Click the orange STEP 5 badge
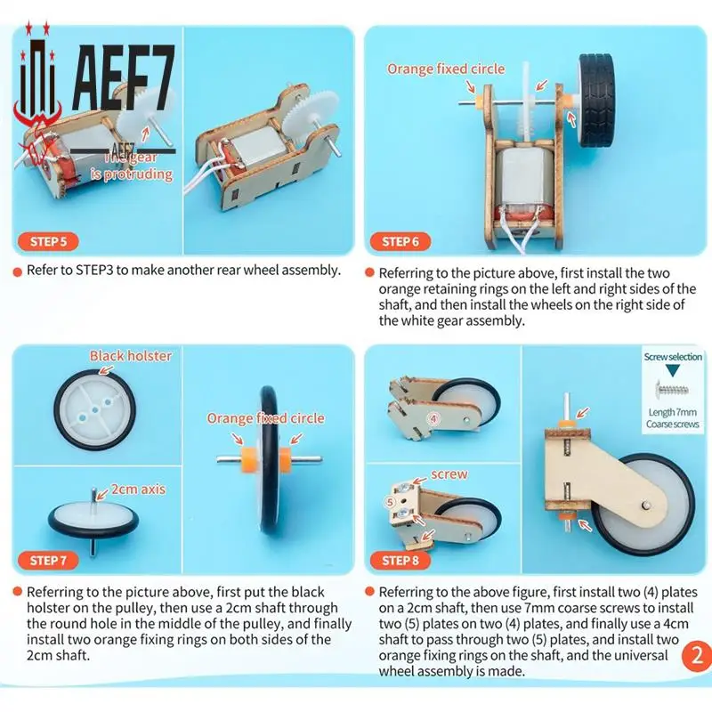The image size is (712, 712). (x=49, y=241)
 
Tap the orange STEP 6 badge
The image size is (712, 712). (x=401, y=241)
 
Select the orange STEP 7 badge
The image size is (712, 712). (x=49, y=560)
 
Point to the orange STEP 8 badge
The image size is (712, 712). (x=401, y=560)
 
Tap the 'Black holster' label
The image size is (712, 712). (x=131, y=356)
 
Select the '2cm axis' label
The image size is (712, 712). (x=137, y=489)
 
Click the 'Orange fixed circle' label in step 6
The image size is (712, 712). (x=445, y=69)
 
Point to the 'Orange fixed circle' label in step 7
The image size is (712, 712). (x=266, y=418)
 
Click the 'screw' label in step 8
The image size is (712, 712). (x=449, y=474)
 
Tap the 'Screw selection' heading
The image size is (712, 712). (x=673, y=357)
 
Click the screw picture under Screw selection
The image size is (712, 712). (x=672, y=389)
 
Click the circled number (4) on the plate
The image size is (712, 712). (x=435, y=416)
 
